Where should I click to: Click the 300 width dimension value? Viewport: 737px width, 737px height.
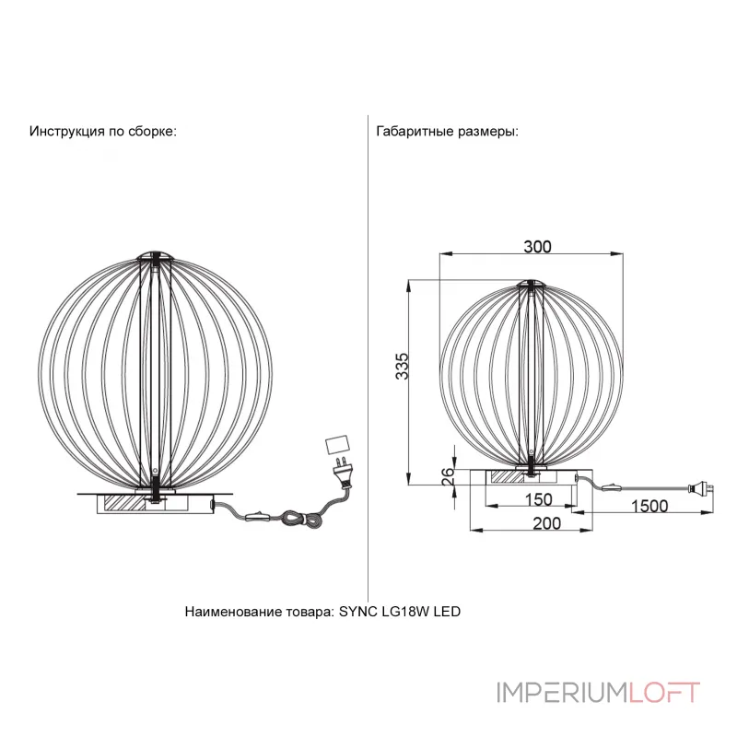[537, 247]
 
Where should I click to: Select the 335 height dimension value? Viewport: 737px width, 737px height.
[403, 366]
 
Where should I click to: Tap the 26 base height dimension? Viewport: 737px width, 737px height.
[449, 476]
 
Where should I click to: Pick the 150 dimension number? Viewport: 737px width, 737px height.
[538, 499]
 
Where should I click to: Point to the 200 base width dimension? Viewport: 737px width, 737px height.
[546, 523]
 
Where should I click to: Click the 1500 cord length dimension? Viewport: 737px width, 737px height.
[649, 506]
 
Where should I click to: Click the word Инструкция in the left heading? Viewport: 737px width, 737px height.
[67, 131]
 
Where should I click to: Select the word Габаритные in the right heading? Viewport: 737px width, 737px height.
[415, 131]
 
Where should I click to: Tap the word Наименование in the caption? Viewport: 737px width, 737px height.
[233, 612]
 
